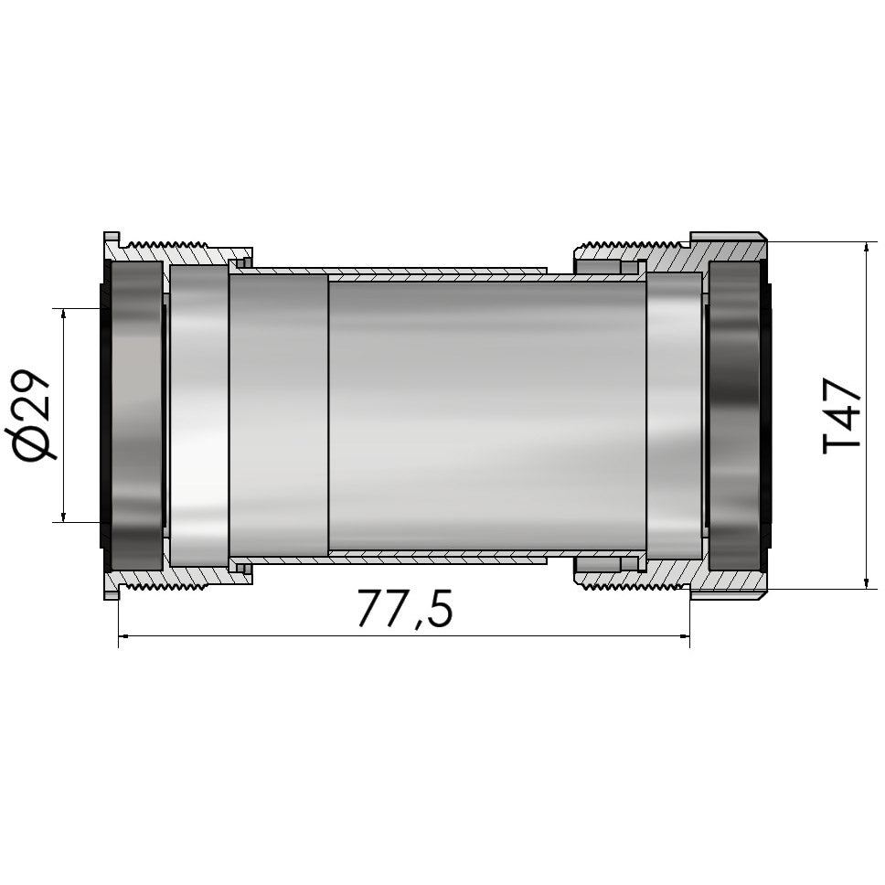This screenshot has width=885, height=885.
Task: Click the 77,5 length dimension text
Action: click(404, 608)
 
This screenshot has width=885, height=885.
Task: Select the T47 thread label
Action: click(841, 416)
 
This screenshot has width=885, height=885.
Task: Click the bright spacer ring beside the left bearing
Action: click(198, 416)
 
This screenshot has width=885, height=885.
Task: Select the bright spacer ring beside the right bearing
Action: click(674, 416)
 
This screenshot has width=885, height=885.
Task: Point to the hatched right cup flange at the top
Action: click(727, 248)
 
